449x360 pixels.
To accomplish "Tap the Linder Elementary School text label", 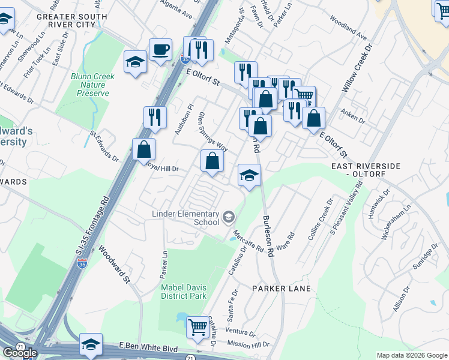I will [x=185, y=217].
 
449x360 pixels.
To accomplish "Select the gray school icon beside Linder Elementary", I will [x=228, y=217].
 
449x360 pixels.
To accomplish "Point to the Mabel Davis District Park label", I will [x=184, y=291].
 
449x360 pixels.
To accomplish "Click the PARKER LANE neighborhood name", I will [x=281, y=289].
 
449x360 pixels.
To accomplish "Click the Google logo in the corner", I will [x=20, y=353].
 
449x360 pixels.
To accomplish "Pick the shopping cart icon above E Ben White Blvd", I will [x=197, y=328].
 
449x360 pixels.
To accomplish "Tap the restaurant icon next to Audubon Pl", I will [x=155, y=117].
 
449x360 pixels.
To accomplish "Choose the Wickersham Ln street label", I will [x=393, y=222].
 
